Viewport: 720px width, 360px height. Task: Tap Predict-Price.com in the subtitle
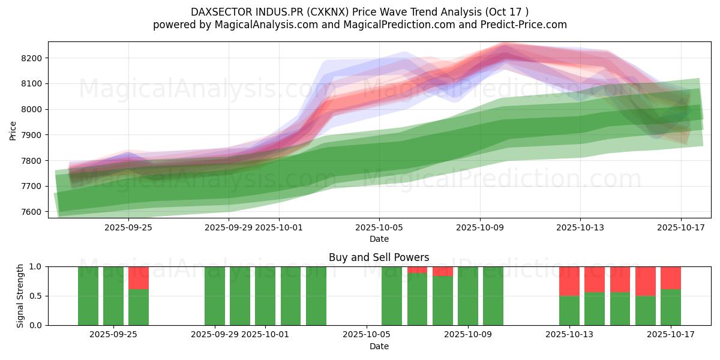[x=526, y=25]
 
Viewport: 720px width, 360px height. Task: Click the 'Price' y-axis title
[x=13, y=130]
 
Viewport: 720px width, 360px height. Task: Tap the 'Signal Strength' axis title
[x=20, y=296]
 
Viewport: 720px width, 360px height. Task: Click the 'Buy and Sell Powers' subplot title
[x=379, y=257]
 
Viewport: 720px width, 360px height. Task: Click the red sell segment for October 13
[x=569, y=281]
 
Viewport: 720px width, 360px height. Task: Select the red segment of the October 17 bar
[x=671, y=278]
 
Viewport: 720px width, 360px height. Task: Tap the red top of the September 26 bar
[x=139, y=278]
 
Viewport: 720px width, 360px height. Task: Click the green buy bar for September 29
[x=215, y=296]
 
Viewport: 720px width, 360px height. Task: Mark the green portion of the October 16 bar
[x=646, y=310]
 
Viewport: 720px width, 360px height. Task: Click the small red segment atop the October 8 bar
[x=443, y=271]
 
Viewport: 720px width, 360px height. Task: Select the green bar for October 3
[x=316, y=296]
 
